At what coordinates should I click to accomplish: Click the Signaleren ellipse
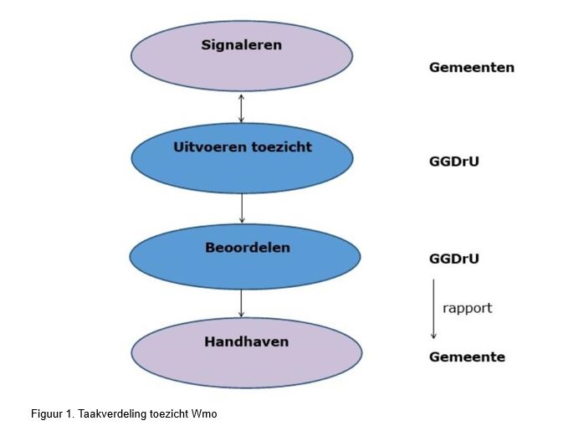(241, 55)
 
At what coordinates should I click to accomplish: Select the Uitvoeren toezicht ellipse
(241, 159)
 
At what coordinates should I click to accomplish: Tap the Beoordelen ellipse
(241, 258)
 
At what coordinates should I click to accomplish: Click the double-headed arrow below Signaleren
(241, 109)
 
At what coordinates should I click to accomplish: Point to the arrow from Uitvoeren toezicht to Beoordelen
(241, 208)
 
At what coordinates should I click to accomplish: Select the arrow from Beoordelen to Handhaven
(241, 304)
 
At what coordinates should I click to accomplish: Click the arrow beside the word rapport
(433, 309)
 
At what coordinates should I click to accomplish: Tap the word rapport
(467, 308)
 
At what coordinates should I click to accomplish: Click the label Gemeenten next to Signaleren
(471, 68)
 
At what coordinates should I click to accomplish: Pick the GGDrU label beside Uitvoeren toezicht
(453, 162)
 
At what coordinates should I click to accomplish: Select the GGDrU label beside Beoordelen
(453, 259)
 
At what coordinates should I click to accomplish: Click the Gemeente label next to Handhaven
(467, 357)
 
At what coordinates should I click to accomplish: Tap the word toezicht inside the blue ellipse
(280, 147)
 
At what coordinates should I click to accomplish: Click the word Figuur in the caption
(47, 414)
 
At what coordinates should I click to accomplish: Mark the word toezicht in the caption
(167, 414)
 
